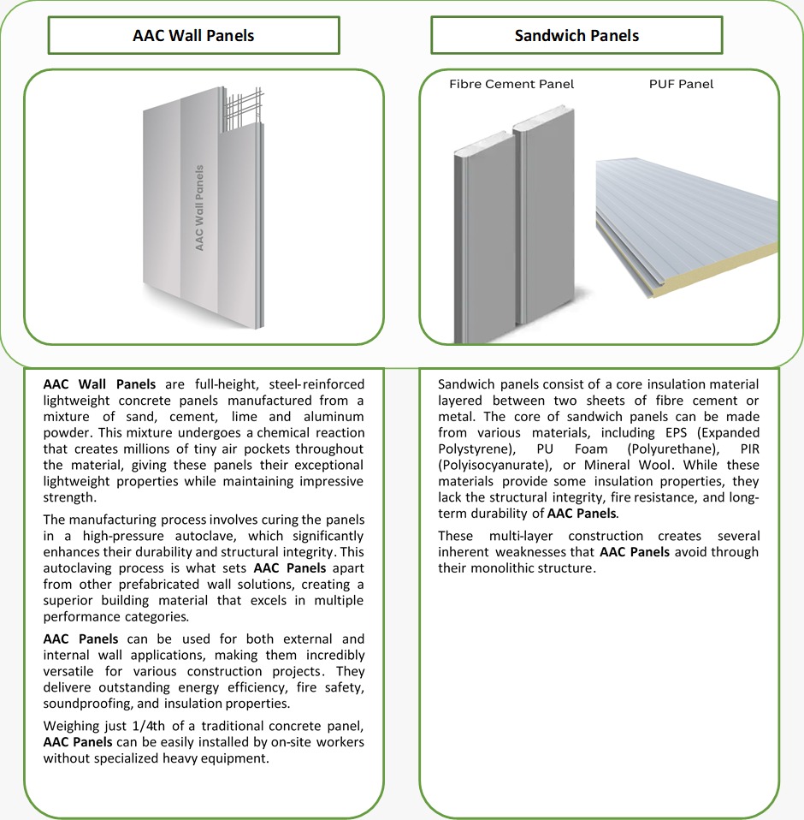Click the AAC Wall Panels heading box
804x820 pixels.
coord(193,35)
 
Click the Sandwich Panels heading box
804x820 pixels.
coord(576,35)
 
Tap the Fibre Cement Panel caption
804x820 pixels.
coord(511,84)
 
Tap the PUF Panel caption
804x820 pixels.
coord(681,84)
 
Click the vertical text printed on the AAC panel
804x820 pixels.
coord(200,208)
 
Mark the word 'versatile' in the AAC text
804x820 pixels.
coord(69,671)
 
